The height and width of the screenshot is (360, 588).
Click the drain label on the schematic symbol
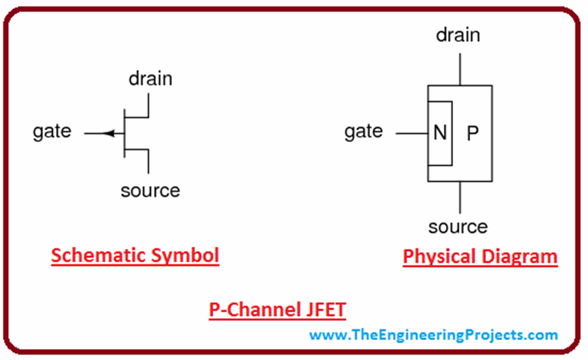point(150,78)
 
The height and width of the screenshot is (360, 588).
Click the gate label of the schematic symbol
point(52,131)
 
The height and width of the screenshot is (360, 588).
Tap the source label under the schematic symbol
point(150,191)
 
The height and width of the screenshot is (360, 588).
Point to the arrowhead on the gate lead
point(110,134)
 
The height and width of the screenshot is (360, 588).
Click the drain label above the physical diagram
point(458,35)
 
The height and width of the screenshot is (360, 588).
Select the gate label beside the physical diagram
point(363,132)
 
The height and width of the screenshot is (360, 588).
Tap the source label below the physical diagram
point(458,227)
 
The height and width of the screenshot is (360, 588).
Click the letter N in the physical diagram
point(440,134)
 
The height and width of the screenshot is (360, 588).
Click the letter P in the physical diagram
point(472,134)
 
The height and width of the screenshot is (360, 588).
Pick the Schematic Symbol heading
point(135,256)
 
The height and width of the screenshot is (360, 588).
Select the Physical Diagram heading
point(480,256)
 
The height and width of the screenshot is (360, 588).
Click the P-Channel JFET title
point(277,311)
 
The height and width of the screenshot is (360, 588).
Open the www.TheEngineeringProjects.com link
point(434,334)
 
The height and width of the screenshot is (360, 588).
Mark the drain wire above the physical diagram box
point(459,69)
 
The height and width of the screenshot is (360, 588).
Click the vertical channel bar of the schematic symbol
point(125,133)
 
